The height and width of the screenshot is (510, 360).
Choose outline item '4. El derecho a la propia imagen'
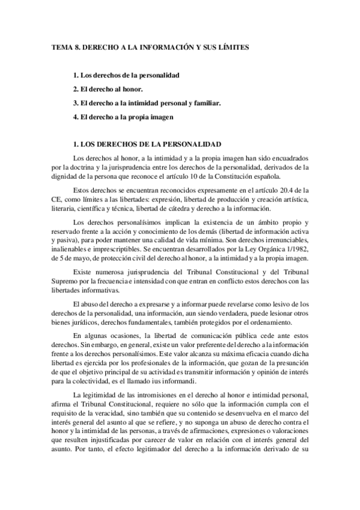point(123,117)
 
